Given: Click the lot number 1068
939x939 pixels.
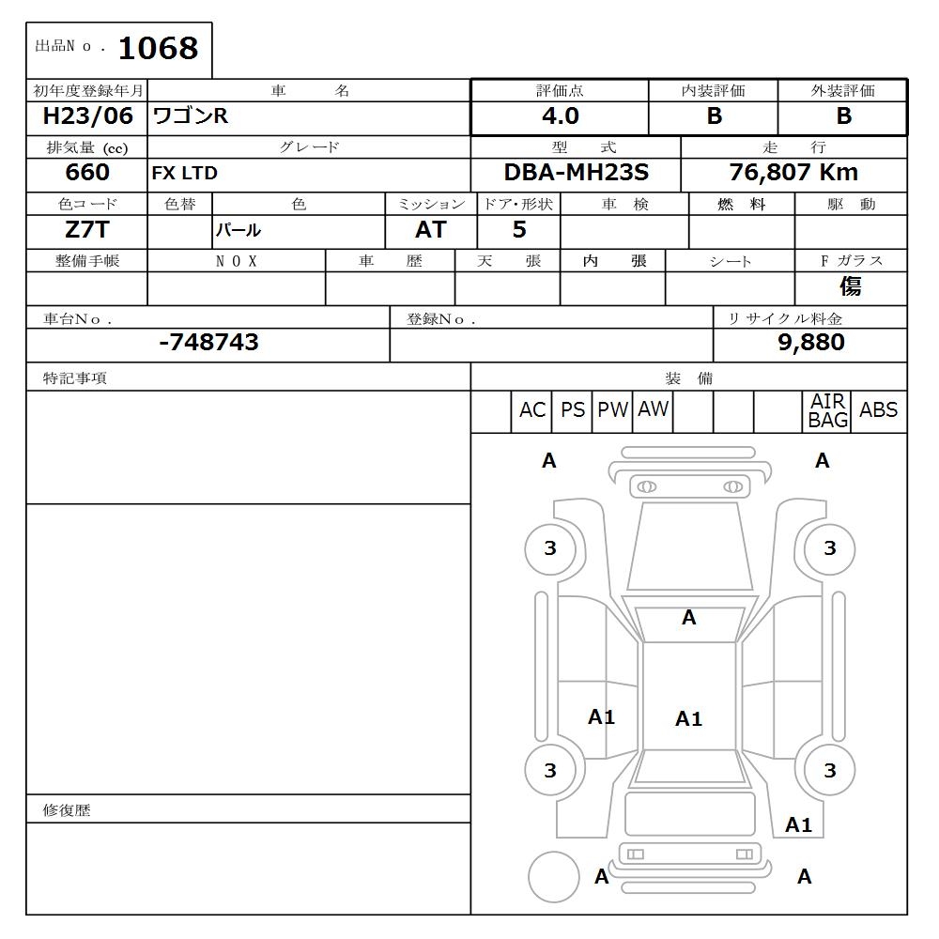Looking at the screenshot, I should coord(158,49).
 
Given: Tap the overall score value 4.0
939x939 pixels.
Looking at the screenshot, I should coord(560,116).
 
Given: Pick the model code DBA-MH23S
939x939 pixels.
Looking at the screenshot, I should coord(576,173).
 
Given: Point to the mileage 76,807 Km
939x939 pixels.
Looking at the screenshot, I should coord(793,173).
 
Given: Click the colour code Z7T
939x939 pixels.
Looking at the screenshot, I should coord(86,229).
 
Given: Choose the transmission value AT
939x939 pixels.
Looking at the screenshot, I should coord(430,230).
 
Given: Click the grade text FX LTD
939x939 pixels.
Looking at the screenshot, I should coord(185,174).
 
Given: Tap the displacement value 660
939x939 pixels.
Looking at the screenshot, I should coord(87,173).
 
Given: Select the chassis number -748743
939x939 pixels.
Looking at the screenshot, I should coord(208,343).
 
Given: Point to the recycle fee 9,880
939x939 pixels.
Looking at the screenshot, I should coord(810,343).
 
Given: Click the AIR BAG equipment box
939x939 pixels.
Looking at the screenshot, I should coord(827,411).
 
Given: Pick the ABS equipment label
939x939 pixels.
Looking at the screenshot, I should coord(878,410).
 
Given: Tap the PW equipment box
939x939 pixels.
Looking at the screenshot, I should coord(612,410).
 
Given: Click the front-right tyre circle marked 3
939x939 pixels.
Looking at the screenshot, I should coord(829,548).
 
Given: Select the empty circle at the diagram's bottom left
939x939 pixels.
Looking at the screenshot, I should coord(553,877).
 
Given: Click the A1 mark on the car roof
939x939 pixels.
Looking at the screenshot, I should coord(688,719).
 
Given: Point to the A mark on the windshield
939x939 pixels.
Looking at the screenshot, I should coord(688,618).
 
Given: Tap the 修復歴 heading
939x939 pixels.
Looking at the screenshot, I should coord(67,810).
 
